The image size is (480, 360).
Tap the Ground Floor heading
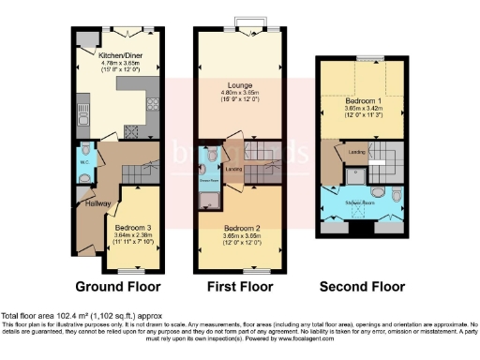point(118,286)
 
